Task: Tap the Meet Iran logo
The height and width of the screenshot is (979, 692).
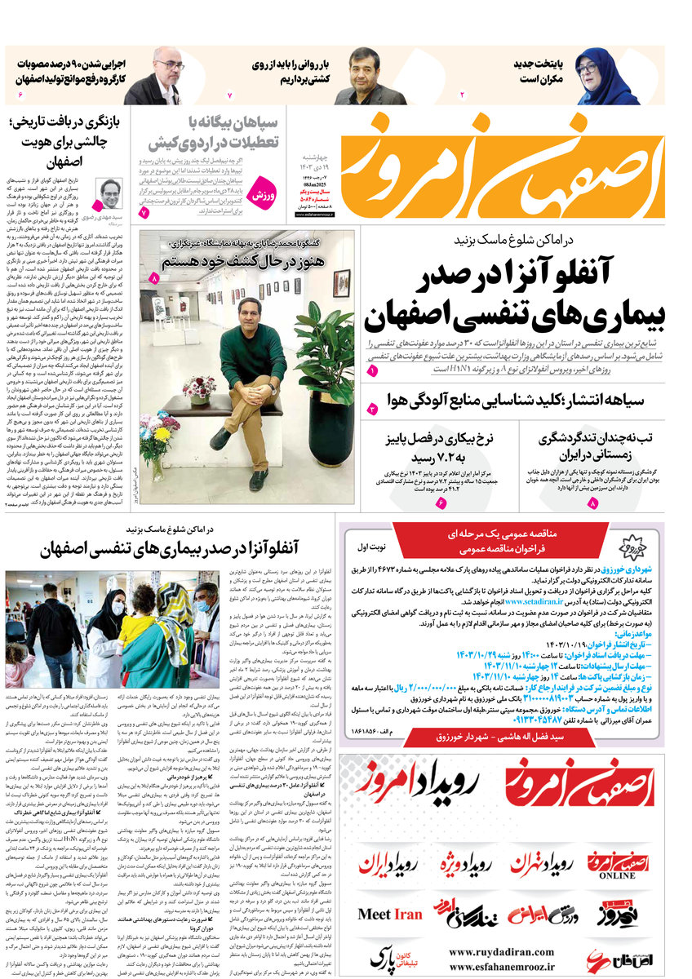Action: [390, 915]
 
